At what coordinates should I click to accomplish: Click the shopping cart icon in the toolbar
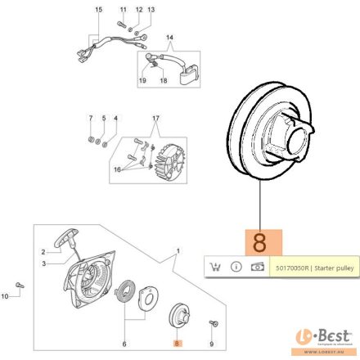pos(215,266)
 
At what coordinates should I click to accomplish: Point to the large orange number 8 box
pos(261,242)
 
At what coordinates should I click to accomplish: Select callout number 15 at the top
pos(99,9)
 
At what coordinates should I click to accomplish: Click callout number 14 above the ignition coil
pos(170,38)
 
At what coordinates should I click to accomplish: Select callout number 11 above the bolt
pos(124,9)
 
